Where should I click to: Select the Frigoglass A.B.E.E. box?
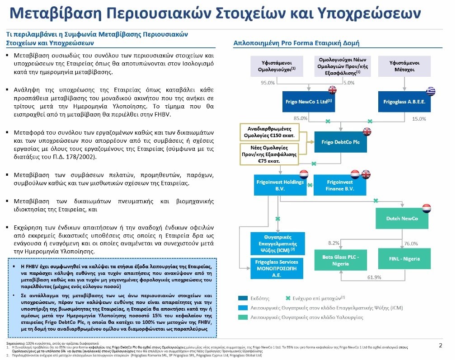[x=404, y=102]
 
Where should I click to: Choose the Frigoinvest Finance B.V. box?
[x=340, y=185]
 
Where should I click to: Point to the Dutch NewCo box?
[x=401, y=218]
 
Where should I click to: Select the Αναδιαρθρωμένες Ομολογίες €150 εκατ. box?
[x=268, y=132]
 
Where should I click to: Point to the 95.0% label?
[x=268, y=83]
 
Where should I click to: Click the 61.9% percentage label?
[x=374, y=277]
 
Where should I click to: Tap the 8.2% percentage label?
[x=333, y=243]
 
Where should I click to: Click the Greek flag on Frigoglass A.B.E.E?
[x=429, y=90]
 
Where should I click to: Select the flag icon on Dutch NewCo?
[x=426, y=208]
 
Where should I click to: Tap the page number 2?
[x=441, y=346]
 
